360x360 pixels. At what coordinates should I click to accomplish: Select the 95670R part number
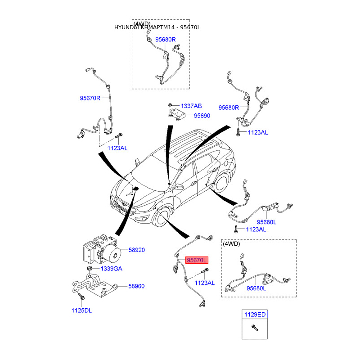(x=90, y=98)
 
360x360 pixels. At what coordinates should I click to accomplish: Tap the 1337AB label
(x=191, y=106)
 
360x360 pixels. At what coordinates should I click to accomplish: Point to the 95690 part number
(x=202, y=116)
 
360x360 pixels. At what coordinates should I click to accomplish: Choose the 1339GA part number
(x=111, y=269)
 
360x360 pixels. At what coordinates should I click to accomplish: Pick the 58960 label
(x=137, y=286)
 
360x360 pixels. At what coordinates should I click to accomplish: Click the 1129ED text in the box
(x=255, y=315)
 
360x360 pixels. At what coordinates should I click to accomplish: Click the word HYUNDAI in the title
(x=127, y=28)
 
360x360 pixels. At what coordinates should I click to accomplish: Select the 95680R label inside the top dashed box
(x=165, y=40)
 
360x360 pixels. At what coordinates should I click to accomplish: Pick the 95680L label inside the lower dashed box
(x=256, y=288)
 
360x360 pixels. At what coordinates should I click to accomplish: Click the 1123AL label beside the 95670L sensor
(x=205, y=283)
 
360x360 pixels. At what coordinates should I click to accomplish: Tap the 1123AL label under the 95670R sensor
(x=117, y=148)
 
